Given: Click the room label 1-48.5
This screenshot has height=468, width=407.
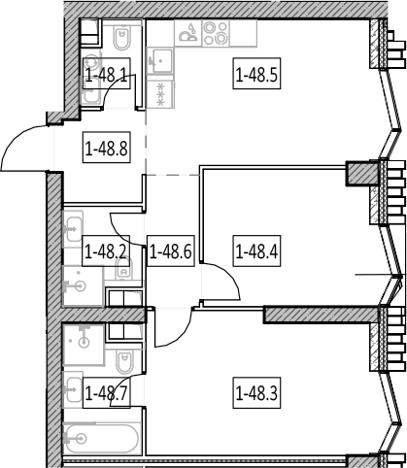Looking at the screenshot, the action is pos(256,74).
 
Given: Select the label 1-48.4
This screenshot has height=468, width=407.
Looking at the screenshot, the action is pos(256,251).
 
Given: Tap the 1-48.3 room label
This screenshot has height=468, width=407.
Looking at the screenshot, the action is pos(256,393).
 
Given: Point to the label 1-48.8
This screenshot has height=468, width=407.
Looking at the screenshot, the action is pos(107,148).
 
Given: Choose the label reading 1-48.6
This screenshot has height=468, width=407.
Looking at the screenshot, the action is pos(171,251).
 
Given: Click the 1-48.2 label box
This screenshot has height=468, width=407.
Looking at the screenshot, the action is pos(106,251).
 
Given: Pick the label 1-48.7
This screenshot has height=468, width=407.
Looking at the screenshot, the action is pos(107,393).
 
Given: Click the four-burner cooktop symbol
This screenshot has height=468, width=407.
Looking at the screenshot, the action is pos(216,33).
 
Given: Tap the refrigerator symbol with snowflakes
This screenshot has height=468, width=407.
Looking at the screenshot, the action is pos(160,94).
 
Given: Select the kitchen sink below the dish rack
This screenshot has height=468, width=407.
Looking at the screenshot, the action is pos(160,61).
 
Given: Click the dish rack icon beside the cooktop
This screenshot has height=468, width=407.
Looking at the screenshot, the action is pos(188,33).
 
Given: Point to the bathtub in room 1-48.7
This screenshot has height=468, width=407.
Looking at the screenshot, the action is pos(102,439).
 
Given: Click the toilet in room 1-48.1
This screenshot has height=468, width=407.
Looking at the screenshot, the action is pos(121,36).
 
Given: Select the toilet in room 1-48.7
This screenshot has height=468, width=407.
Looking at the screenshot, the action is pos(124,361).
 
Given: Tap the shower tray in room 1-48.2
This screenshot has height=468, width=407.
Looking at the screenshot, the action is pos(83,285).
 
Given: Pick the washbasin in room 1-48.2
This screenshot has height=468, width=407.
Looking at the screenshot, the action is pos(73,230).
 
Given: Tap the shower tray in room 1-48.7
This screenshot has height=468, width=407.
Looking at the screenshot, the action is pos(84,345).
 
